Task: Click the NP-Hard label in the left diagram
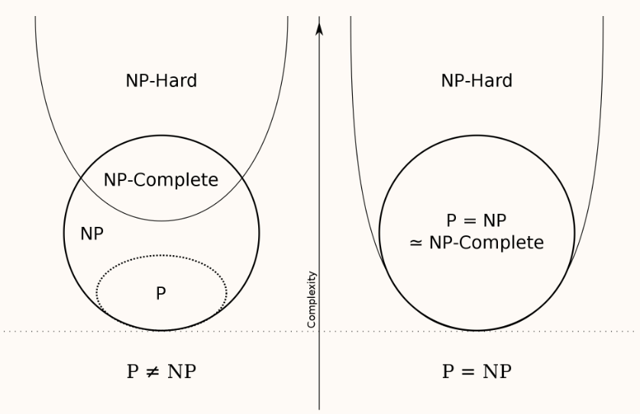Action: (x=161, y=81)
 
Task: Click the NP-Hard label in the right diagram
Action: (x=477, y=81)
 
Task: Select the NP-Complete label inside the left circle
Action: (x=161, y=181)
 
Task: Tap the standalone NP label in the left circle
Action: (x=92, y=234)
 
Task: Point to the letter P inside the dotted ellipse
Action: (x=161, y=293)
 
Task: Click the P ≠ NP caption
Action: (x=161, y=372)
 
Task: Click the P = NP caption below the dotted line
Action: (x=477, y=372)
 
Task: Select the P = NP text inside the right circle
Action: (x=477, y=222)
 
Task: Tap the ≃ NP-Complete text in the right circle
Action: (x=477, y=243)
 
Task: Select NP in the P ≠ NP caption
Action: (x=182, y=372)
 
